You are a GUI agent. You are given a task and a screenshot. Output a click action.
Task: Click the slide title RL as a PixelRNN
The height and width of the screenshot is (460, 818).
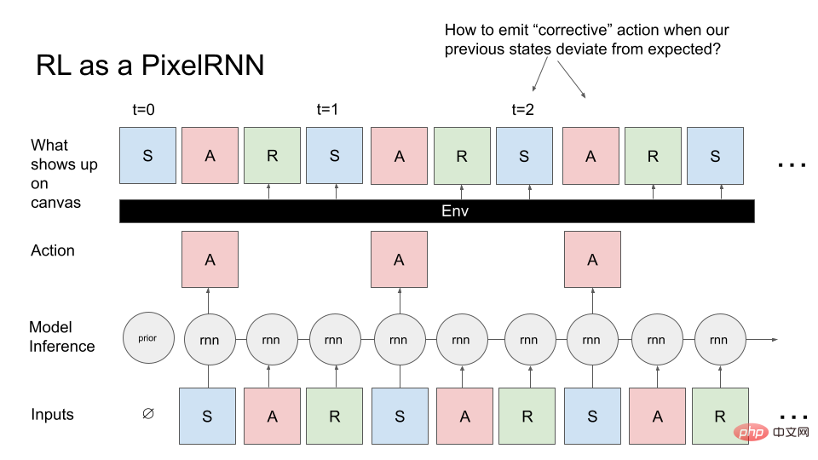tap(150, 66)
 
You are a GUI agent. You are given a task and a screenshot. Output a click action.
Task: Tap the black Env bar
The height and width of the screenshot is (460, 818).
tap(436, 211)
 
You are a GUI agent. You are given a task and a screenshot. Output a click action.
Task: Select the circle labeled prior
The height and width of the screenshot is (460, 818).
tap(148, 338)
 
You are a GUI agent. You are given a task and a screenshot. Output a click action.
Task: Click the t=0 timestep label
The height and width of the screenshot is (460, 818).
tap(143, 110)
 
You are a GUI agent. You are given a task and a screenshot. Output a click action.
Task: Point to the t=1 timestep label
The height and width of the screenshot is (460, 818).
tap(327, 110)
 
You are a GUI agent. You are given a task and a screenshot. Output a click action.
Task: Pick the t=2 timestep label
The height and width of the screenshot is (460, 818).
tap(522, 110)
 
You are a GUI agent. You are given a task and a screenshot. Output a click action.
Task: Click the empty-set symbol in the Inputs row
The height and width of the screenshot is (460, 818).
tap(148, 414)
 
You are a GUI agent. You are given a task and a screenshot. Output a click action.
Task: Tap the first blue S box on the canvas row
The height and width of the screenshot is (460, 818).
tap(147, 155)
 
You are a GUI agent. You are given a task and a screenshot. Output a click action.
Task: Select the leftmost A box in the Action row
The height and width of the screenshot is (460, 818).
tap(210, 259)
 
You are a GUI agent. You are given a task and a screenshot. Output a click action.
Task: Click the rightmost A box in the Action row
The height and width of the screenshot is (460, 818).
tap(593, 259)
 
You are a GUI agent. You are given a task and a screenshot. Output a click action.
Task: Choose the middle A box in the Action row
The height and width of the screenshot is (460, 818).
tap(399, 259)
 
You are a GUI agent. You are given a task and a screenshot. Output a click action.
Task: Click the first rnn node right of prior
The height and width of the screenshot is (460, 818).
tap(210, 340)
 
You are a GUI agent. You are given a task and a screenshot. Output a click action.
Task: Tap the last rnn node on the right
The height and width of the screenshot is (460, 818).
tap(720, 340)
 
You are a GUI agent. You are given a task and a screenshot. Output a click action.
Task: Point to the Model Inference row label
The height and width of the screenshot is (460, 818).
tap(61, 336)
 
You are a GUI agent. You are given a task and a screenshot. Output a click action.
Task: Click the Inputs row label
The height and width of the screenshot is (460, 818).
tap(52, 414)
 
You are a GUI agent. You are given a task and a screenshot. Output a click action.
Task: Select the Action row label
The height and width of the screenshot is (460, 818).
tap(53, 250)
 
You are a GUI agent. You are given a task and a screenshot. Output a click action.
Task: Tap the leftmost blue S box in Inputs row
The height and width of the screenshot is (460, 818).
tap(207, 417)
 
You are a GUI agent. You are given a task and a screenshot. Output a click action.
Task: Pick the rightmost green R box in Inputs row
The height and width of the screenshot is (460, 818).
tap(720, 417)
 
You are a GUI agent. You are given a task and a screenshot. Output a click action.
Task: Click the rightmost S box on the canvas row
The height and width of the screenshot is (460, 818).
tap(715, 155)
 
